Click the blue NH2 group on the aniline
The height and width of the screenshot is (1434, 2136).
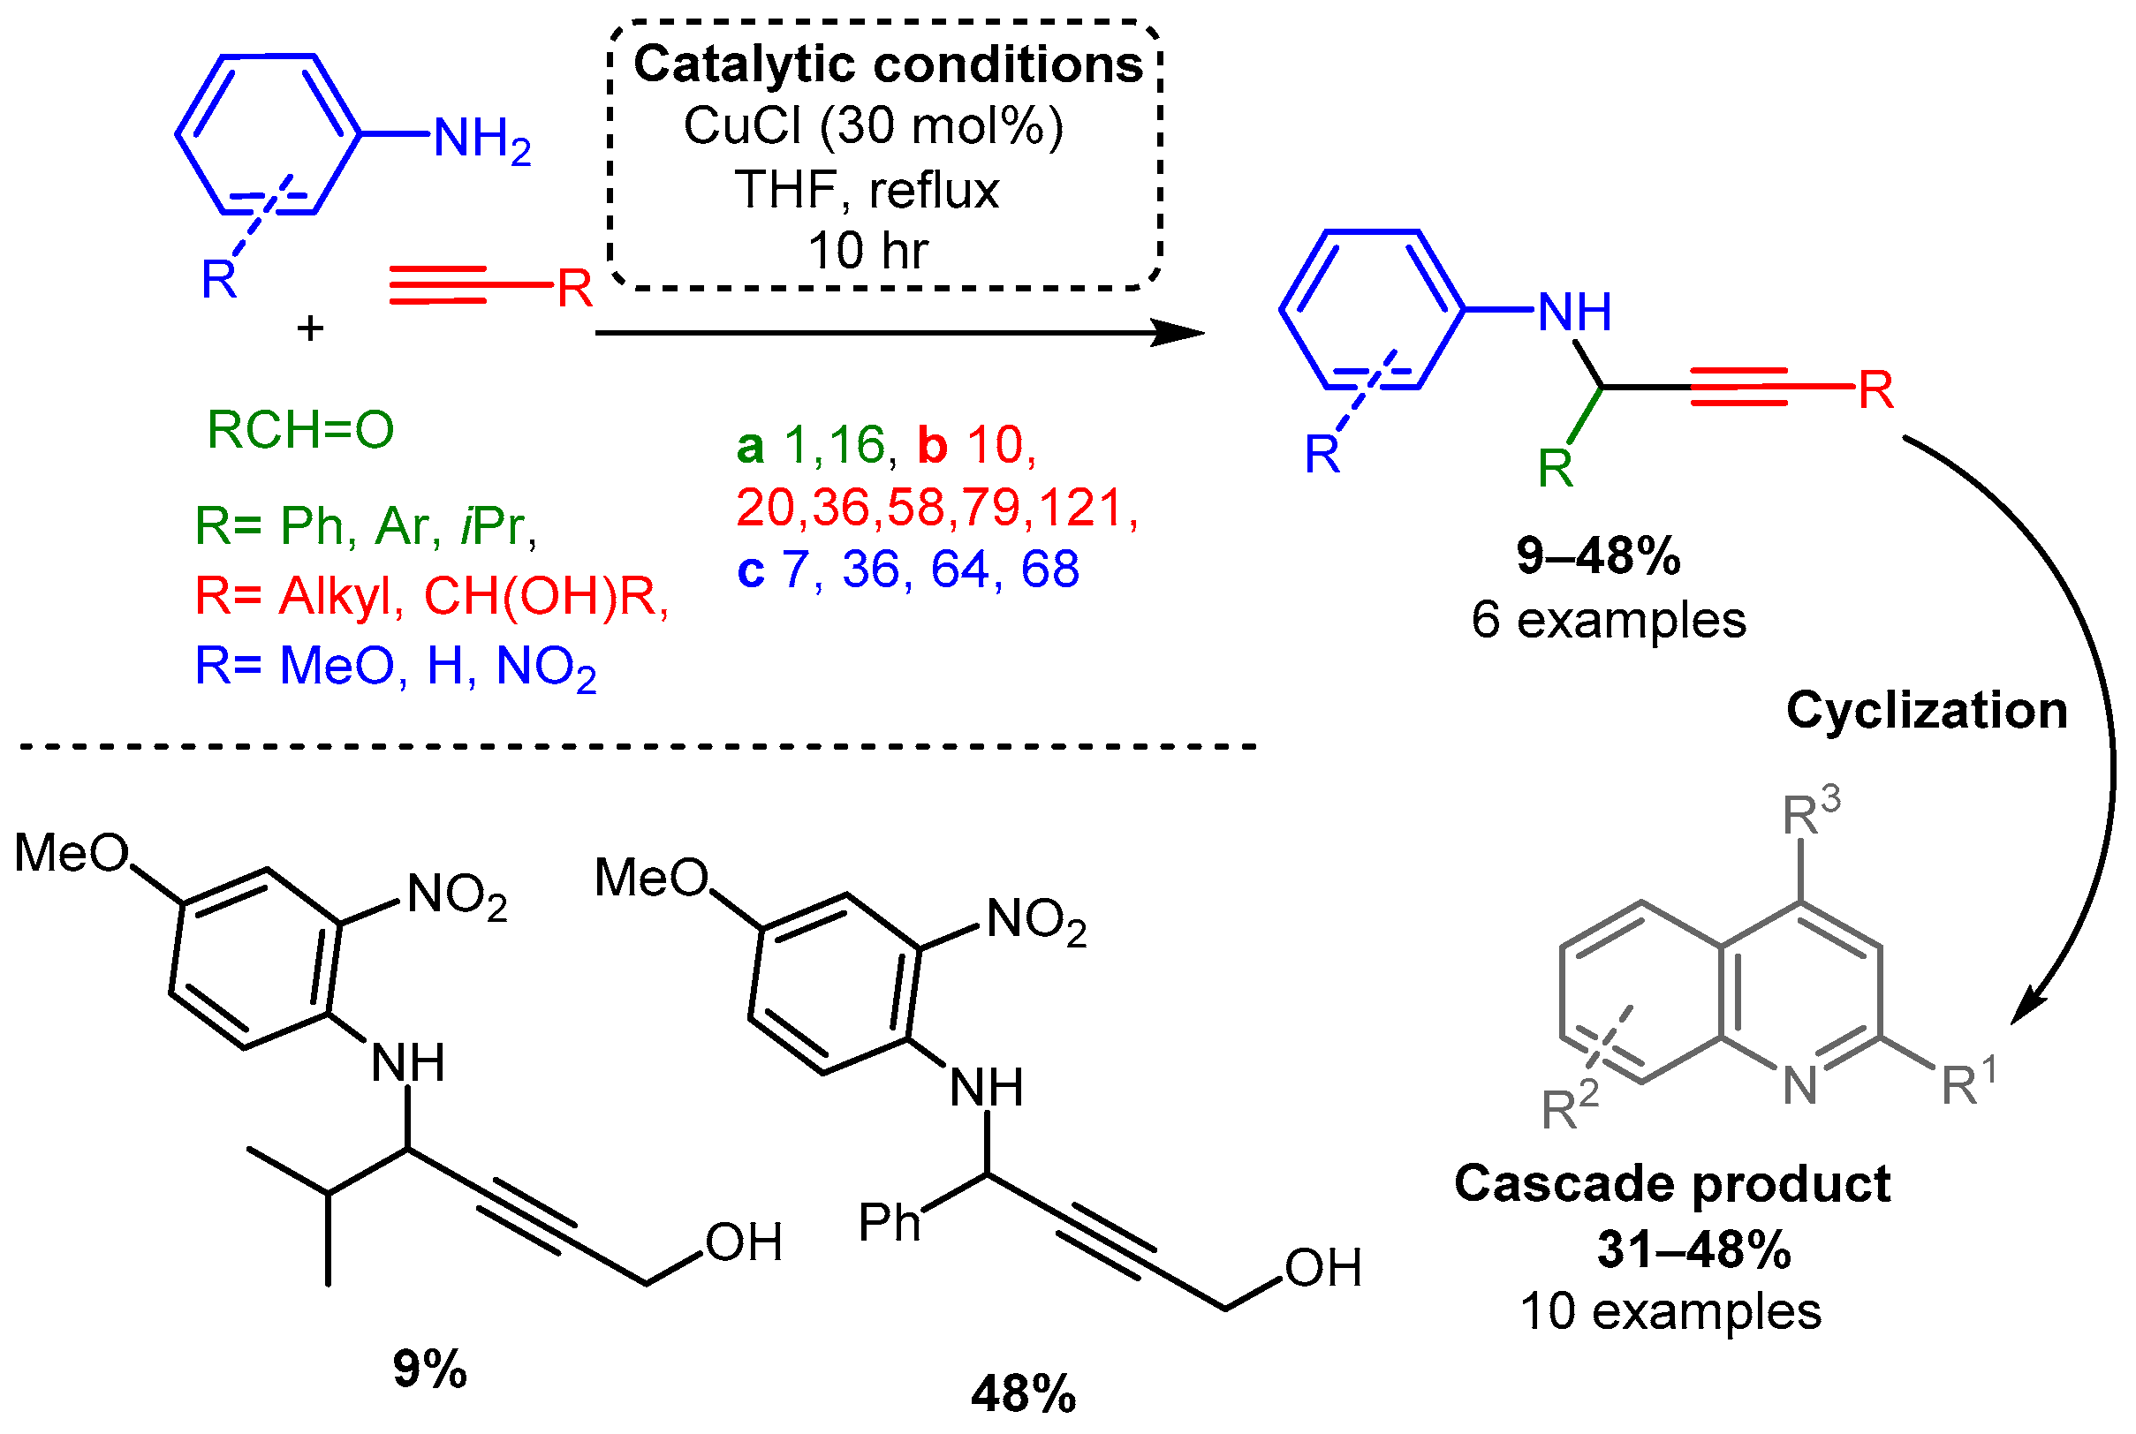coord(481,140)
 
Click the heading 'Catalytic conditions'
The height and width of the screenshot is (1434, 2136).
coord(887,65)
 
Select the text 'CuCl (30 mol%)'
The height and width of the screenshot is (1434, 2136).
coord(874,125)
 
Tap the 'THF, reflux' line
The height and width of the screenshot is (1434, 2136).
coord(867,190)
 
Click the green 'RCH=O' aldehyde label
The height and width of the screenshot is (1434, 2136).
coord(300,429)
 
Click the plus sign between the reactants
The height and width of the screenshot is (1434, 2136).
coord(310,328)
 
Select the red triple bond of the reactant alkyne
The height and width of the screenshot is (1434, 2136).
coord(437,284)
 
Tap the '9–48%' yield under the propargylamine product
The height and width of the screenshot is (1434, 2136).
coord(1598,555)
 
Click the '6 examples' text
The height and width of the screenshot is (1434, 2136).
coord(1608,620)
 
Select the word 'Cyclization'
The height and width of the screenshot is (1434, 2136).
coord(1927,710)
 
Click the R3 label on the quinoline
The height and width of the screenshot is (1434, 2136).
coord(1809,811)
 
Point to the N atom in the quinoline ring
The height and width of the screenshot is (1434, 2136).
coord(1799,1085)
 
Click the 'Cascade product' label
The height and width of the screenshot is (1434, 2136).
coord(1672,1183)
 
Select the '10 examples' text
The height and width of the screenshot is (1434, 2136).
coord(1670,1311)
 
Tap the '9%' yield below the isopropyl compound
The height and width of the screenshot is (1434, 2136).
coord(429,1369)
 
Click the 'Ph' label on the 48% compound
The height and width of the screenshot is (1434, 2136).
coord(889,1223)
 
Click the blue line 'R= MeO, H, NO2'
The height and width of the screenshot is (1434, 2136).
coord(395,666)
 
